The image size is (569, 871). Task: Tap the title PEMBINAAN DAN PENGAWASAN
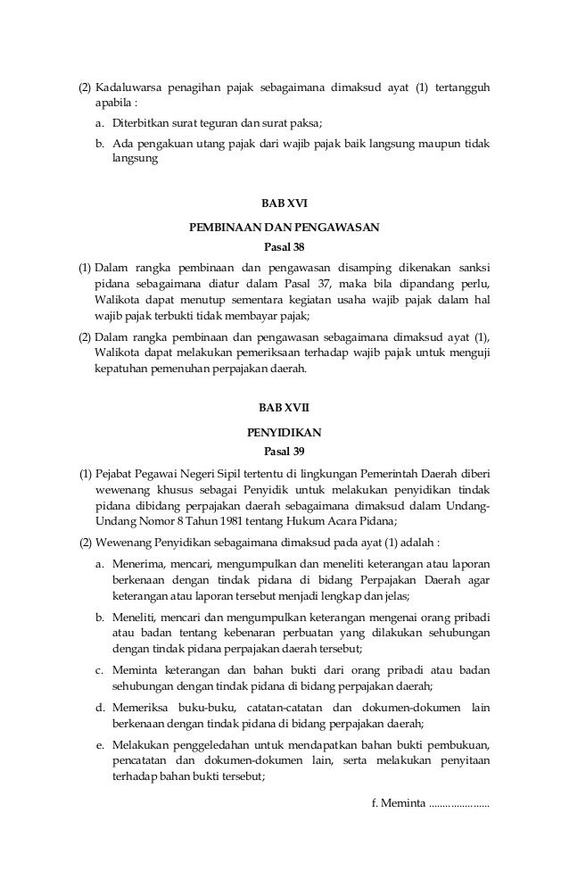point(284,228)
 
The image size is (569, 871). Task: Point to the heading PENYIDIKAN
point(284,432)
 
